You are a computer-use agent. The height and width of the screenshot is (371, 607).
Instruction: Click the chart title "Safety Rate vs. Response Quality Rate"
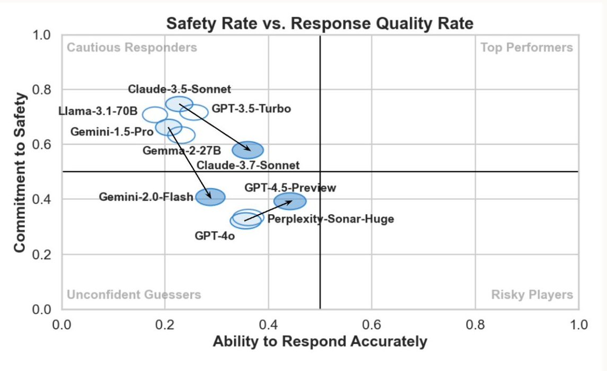[320, 24]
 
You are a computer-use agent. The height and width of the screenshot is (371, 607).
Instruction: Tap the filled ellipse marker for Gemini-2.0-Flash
[210, 197]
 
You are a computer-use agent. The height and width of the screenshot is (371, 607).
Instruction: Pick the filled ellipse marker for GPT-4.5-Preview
[290, 201]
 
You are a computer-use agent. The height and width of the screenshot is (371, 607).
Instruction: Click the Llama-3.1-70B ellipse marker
[155, 114]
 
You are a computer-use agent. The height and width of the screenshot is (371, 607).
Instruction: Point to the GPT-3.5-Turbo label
[251, 109]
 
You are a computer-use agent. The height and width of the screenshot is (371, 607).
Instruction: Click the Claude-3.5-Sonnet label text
[180, 89]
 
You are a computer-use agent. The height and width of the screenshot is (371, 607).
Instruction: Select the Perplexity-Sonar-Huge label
[330, 218]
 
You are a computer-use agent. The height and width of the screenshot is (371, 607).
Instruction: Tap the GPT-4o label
[215, 235]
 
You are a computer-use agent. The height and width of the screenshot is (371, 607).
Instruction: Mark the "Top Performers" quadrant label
[526, 48]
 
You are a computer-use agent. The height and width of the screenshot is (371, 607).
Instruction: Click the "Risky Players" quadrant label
[532, 295]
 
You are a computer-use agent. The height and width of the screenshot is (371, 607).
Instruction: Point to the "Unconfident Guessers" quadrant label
[134, 295]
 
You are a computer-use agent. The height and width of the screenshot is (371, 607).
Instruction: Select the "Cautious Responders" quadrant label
[132, 48]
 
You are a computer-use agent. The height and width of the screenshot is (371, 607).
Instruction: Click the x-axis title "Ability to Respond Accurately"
[320, 342]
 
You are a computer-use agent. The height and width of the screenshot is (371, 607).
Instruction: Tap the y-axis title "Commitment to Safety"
[20, 172]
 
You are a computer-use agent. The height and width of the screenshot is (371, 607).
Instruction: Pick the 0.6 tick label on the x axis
[371, 324]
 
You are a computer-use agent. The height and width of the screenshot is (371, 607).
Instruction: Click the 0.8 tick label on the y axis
[44, 90]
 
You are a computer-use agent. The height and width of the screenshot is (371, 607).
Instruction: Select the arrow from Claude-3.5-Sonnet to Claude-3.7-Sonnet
[214, 127]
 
